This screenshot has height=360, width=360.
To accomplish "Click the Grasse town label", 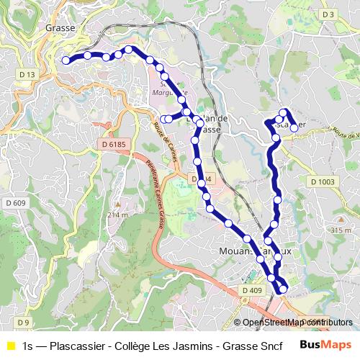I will pyautogui.click(x=60, y=27).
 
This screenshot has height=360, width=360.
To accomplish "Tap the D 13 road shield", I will pyautogui.click(x=27, y=75).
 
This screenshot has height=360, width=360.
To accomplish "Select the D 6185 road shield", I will pyautogui.click(x=114, y=144).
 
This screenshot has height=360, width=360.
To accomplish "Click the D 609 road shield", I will pyautogui.click(x=15, y=203).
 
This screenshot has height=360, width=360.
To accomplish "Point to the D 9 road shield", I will pyautogui.click(x=23, y=322).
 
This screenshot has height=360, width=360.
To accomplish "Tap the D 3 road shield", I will pyautogui.click(x=328, y=14).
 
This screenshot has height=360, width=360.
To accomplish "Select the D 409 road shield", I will pyautogui.click(x=253, y=290).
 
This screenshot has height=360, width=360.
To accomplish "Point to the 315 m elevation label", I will pyautogui.click(x=341, y=230).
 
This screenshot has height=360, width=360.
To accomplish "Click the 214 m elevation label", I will pyautogui.click(x=117, y=215).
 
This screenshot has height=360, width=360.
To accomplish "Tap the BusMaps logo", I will pyautogui.click(x=325, y=345).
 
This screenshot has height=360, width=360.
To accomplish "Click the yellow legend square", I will pyautogui.click(x=11, y=346).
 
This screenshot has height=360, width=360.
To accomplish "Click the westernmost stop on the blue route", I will pyautogui.click(x=66, y=61).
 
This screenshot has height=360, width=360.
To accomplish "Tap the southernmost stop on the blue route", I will pyautogui.click(x=283, y=289).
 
